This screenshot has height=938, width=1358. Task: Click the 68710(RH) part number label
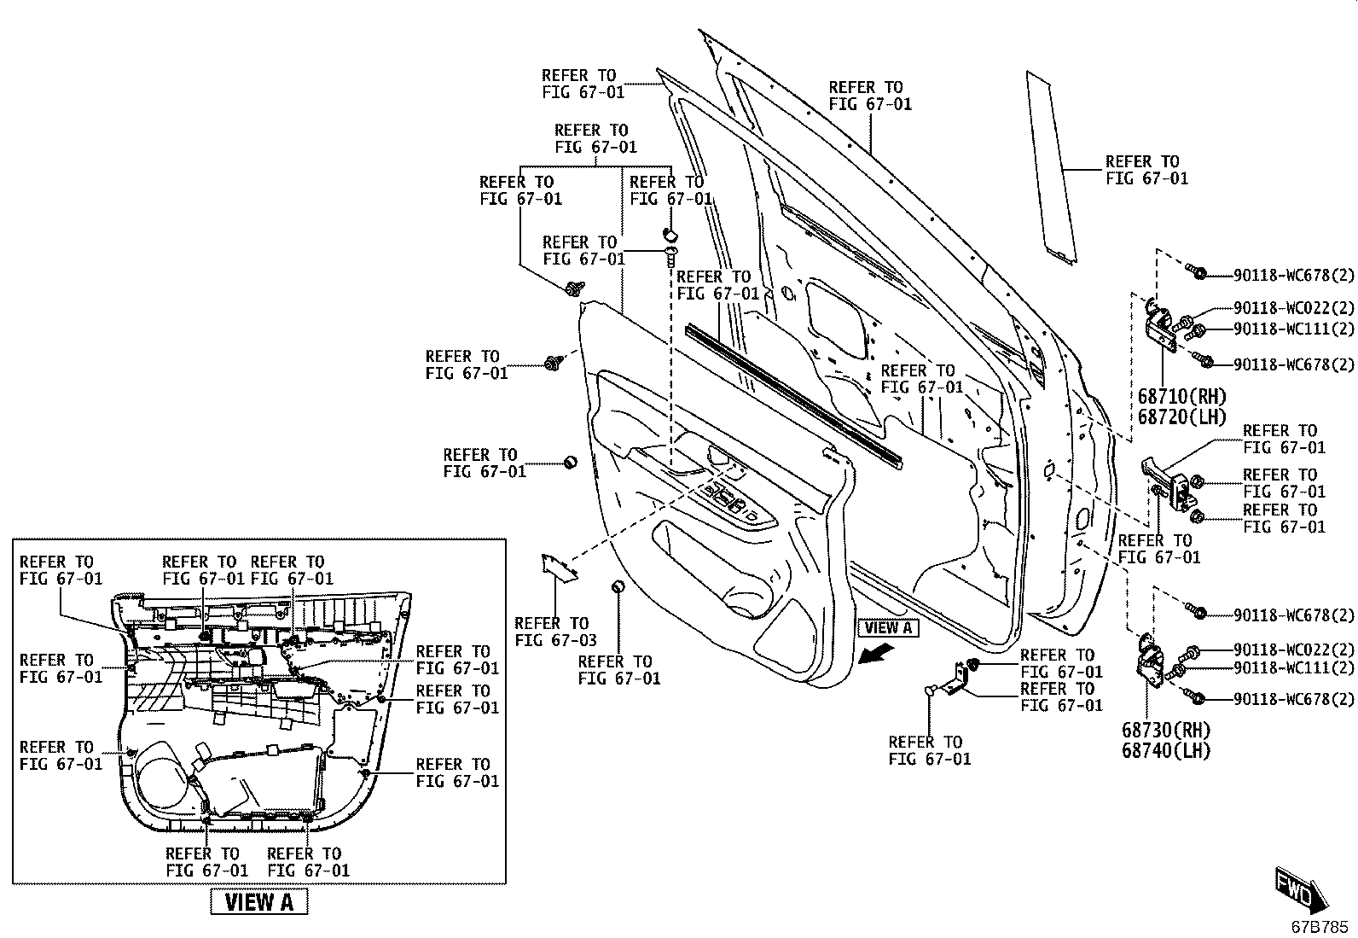[x=1181, y=397]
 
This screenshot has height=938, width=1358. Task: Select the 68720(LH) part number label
[x=1181, y=417]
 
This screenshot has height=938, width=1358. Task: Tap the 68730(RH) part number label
[x=1165, y=730]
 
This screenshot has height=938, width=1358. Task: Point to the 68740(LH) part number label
[x=1165, y=750]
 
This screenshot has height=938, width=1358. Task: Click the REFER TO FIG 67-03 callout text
[x=555, y=632]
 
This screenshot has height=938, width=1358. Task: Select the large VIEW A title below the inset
[x=258, y=902]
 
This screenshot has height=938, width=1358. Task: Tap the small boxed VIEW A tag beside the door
[x=888, y=627]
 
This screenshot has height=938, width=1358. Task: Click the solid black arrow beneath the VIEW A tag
[x=877, y=655]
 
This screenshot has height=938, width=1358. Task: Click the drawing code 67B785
[x=1320, y=927]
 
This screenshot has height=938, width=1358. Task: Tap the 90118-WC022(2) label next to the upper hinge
[x=1294, y=308]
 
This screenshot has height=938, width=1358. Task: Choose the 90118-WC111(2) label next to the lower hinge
[x=1294, y=668]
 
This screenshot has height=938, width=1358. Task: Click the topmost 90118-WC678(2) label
[x=1294, y=276]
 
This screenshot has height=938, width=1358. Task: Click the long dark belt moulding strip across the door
[x=793, y=396]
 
